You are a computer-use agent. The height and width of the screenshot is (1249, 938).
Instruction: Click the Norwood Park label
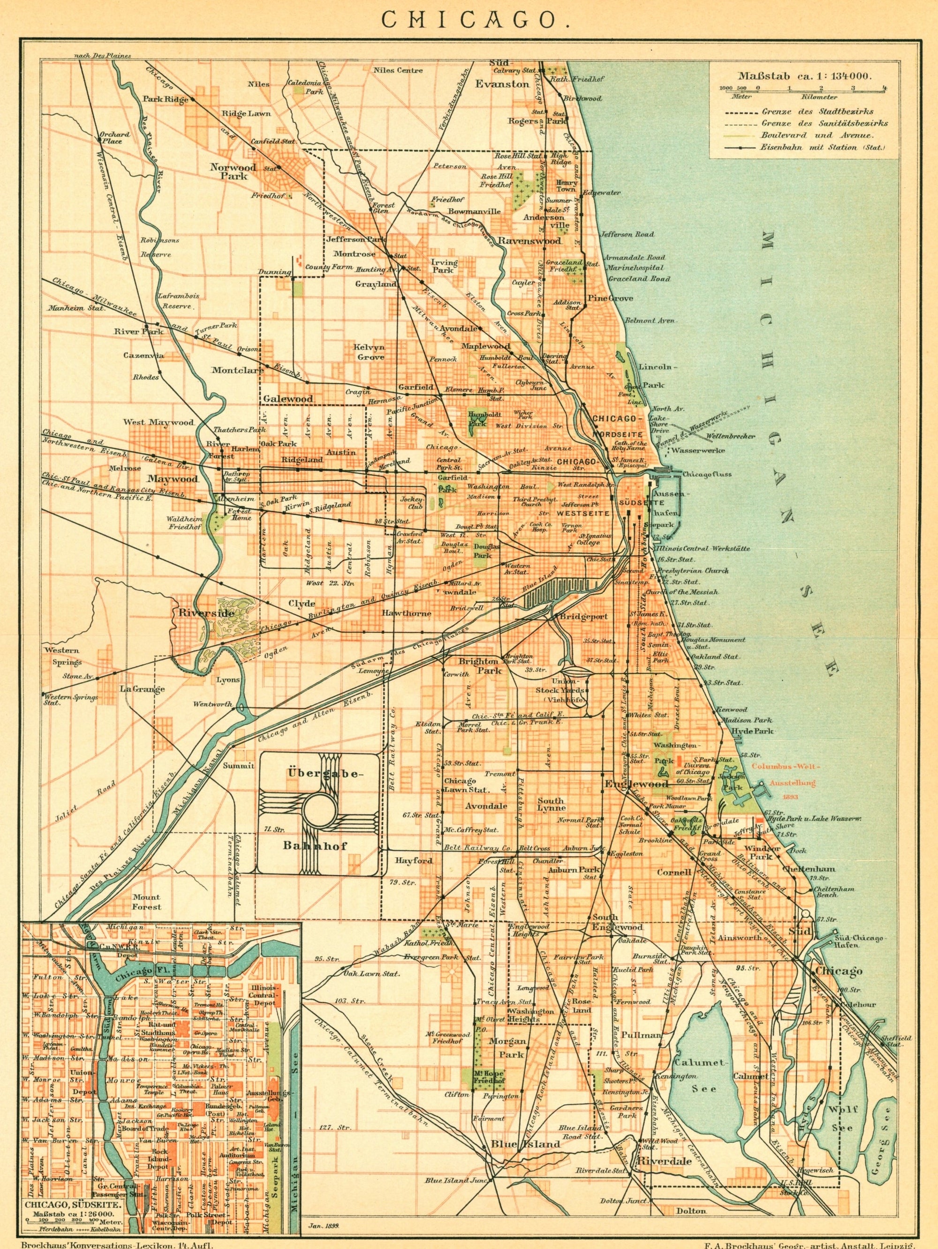(233, 171)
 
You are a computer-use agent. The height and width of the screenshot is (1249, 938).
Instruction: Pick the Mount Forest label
(146, 903)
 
